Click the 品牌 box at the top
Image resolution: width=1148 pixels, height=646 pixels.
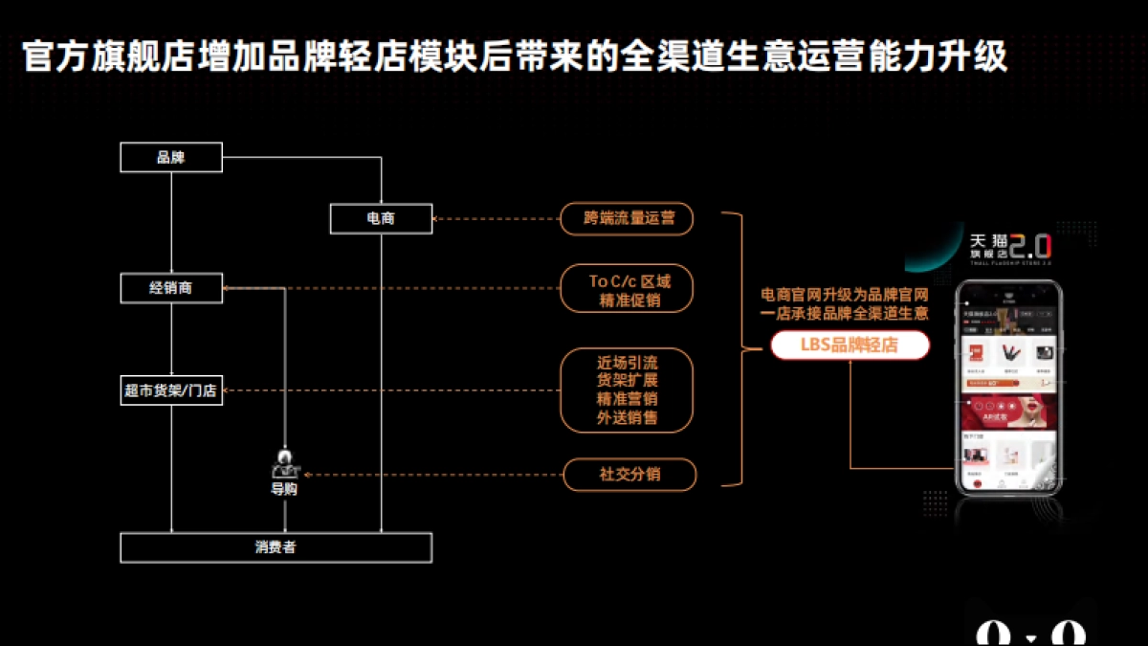(171, 158)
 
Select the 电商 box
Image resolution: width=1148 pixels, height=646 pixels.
(381, 218)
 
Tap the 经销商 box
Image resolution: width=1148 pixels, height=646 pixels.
(171, 287)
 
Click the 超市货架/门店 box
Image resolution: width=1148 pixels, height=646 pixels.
(171, 390)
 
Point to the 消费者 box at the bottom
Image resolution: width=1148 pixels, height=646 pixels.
(276, 547)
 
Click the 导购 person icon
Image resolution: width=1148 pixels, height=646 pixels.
(284, 464)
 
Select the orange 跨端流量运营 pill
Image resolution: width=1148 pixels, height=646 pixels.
(628, 218)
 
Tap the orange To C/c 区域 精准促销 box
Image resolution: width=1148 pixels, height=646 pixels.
(628, 289)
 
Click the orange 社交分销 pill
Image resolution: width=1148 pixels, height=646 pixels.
(628, 475)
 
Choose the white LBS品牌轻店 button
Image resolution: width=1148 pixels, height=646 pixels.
(850, 345)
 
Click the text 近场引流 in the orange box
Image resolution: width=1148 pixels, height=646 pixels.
(628, 363)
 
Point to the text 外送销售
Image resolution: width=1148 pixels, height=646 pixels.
(628, 418)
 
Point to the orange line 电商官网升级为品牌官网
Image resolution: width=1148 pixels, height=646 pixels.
(845, 295)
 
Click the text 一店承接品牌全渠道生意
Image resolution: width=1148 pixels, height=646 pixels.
(845, 314)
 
